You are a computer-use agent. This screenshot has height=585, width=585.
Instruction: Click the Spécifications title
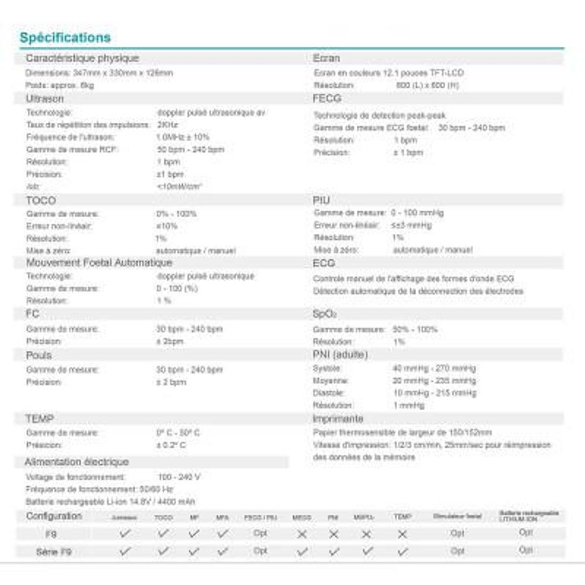click(x=65, y=37)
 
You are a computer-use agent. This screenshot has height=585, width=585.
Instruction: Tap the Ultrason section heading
click(x=45, y=99)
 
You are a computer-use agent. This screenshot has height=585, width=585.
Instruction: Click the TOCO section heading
click(x=41, y=200)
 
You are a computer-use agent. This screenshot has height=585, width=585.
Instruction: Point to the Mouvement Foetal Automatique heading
click(x=99, y=263)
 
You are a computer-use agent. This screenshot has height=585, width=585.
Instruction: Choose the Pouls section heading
click(x=39, y=355)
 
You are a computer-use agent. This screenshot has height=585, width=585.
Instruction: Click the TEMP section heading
click(x=40, y=419)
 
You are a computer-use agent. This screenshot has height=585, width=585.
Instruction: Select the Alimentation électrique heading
click(x=77, y=462)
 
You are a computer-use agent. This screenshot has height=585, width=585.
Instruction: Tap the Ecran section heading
click(x=326, y=58)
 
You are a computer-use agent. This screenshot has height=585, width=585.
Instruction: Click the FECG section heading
click(x=327, y=99)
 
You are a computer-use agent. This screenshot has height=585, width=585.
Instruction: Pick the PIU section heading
click(x=322, y=200)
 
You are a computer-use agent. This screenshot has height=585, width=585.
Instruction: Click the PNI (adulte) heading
click(x=340, y=354)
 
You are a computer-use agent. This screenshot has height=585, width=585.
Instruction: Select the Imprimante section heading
click(x=338, y=419)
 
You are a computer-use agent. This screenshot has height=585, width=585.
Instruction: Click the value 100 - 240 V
click(x=179, y=476)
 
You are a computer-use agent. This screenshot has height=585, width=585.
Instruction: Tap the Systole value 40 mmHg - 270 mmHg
click(x=434, y=369)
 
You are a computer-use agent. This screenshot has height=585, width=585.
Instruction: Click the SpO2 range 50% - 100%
click(x=415, y=330)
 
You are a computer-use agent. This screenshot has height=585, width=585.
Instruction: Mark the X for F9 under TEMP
click(x=402, y=534)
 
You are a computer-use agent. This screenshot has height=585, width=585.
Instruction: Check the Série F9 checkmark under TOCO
click(x=163, y=551)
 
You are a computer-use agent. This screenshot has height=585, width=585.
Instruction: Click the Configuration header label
click(x=54, y=516)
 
